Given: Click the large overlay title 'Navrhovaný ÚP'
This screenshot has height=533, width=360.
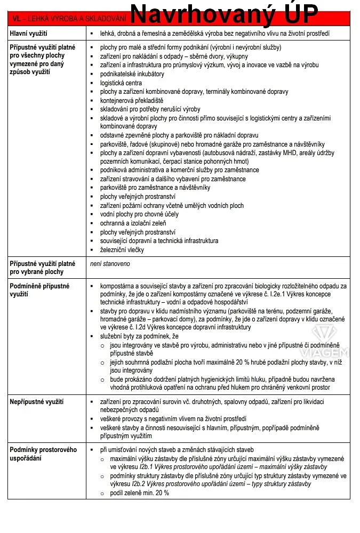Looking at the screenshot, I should (224, 14).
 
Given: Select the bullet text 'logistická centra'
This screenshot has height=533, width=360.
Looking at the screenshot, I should (121, 83).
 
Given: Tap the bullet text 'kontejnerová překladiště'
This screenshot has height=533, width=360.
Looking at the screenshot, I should (132, 100).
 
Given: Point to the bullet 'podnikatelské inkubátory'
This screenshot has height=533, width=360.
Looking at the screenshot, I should (132, 74).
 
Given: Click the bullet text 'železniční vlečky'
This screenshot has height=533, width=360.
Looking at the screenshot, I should (122, 249).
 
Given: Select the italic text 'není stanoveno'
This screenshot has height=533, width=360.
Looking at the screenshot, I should (110, 263).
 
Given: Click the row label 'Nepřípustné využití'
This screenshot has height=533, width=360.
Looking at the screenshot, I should (37, 401).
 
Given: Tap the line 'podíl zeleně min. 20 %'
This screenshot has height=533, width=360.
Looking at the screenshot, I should (139, 492).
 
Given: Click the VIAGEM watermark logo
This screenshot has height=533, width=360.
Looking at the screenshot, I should (330, 341).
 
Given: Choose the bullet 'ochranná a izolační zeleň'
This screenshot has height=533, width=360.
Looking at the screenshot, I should (133, 223).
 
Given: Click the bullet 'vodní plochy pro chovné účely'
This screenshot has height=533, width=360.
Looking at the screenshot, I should (140, 214).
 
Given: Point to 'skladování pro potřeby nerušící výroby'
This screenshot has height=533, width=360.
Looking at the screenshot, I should (150, 109).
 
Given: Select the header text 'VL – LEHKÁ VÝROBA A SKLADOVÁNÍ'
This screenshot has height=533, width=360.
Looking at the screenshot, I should (69, 19).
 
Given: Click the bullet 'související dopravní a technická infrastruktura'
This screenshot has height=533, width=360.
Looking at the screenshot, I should (159, 241).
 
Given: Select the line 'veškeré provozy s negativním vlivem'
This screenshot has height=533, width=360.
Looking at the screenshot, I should (173, 419).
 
